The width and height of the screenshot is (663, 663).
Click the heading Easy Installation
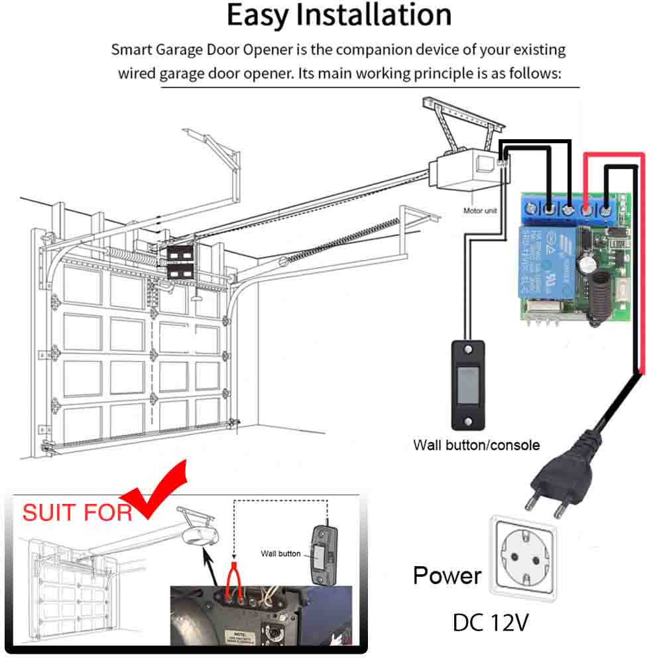click(x=339, y=16)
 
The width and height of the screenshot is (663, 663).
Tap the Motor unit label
click(x=480, y=211)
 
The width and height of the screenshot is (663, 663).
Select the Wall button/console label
click(x=476, y=444)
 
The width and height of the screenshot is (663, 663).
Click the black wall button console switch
click(x=468, y=384)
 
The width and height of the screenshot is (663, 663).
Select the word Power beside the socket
click(x=447, y=575)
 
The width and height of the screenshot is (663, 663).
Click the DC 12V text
click(x=491, y=623)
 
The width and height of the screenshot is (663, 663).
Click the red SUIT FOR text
click(x=77, y=512)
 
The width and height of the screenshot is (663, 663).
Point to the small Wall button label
click(x=280, y=554)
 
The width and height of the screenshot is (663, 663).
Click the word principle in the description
click(x=430, y=73)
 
